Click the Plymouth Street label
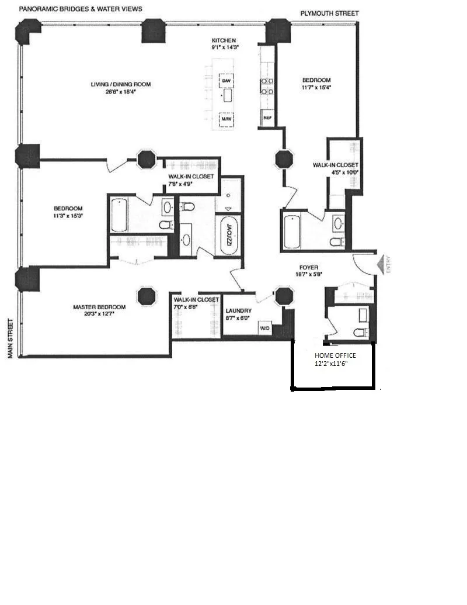point(329,13)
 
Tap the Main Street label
point(11,338)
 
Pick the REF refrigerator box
point(267,117)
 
